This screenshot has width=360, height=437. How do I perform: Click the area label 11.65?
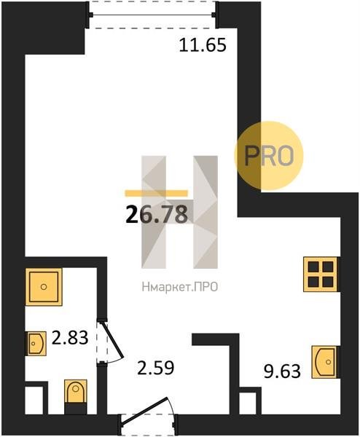point(203,45)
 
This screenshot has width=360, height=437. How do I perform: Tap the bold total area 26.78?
point(157,215)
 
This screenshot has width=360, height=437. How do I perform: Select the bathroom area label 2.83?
point(70,337)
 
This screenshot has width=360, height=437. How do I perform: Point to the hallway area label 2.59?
point(156,367)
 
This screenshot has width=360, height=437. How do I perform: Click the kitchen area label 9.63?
point(282,371)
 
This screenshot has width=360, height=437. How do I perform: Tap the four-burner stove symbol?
point(321,275)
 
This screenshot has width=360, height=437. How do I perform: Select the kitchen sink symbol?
point(324,362)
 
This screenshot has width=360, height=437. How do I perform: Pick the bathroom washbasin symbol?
point(36,343)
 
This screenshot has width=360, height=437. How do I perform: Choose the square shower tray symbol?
point(44,287)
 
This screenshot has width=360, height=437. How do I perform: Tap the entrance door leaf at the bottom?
point(145,409)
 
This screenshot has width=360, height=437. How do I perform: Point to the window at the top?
point(152,15)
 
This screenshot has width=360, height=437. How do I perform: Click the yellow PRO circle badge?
point(268,156)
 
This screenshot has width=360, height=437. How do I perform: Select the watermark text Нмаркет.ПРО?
point(179,287)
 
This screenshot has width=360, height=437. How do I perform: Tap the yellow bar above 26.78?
point(157,193)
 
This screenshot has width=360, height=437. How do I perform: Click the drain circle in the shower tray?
point(44,287)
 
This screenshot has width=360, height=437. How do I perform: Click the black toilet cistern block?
point(76,409)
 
